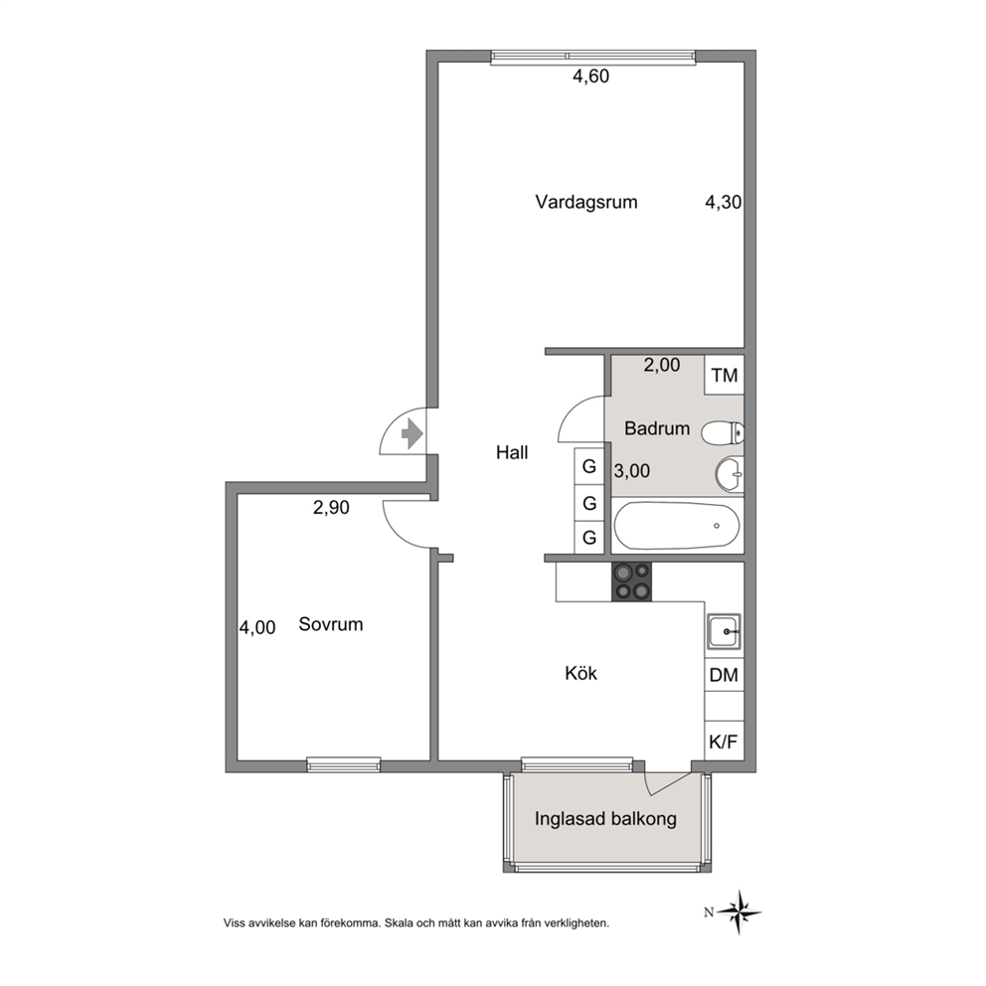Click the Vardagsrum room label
tap(586, 203)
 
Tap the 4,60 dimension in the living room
tap(590, 77)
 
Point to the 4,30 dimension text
tap(724, 202)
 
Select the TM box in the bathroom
tap(725, 376)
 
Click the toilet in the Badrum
tap(723, 432)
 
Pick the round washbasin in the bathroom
tap(730, 474)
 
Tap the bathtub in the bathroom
tap(677, 526)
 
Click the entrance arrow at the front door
tap(411, 433)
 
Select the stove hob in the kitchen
tap(632, 581)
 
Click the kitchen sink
tap(725, 631)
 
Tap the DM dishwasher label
tap(724, 675)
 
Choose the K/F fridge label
tap(724, 742)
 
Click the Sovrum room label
tap(331, 624)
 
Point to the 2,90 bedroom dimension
tap(331, 508)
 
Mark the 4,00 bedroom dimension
tap(257, 627)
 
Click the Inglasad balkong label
tap(605, 819)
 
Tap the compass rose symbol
tap(740, 911)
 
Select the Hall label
tap(512, 453)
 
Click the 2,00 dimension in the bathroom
tap(662, 366)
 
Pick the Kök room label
tap(581, 674)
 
